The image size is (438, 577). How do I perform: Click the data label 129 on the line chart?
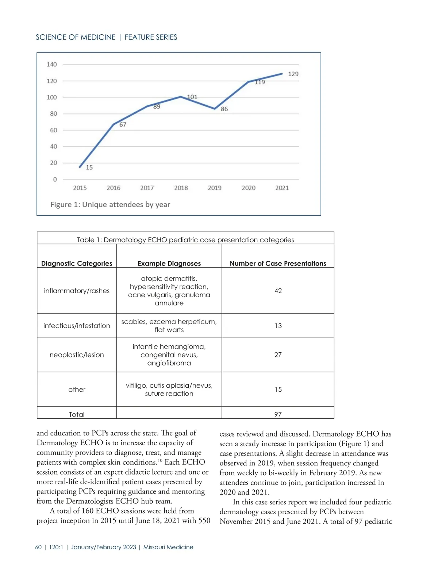click(293, 74)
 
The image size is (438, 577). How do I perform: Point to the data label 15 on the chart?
click(89, 167)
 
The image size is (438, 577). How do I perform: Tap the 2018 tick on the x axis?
click(181, 188)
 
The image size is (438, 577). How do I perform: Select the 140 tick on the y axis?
click(52, 65)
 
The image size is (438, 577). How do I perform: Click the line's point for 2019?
click(215, 109)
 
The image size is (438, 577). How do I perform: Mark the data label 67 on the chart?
click(123, 125)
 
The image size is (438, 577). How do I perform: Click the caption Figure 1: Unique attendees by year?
click(110, 205)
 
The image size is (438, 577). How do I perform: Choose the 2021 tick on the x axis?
click(282, 188)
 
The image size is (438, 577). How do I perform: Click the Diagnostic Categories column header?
click(77, 263)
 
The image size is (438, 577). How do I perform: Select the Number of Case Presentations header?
click(278, 263)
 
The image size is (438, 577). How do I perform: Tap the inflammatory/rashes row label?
click(77, 291)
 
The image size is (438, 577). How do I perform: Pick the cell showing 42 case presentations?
click(278, 291)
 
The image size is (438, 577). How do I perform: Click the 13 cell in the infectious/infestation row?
click(278, 326)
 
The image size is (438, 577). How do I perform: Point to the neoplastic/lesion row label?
click(77, 355)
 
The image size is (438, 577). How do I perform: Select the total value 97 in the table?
click(278, 414)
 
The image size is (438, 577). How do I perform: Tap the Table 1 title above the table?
click(185, 240)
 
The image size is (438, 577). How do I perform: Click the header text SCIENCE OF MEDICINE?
click(76, 37)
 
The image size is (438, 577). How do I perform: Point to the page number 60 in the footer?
click(38, 547)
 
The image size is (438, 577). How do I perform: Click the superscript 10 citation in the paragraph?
click(160, 460)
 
